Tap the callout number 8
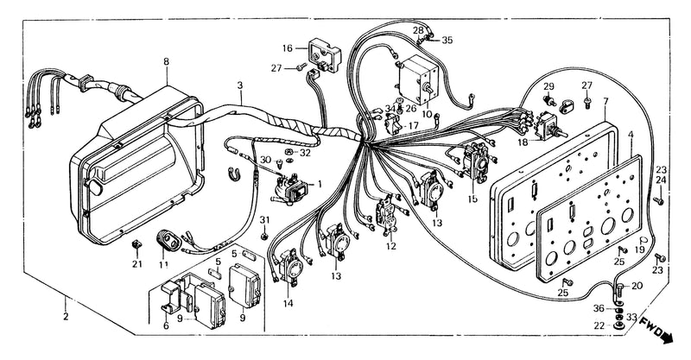pyautogui.click(x=166, y=61)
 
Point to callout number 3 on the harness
pyautogui.click(x=240, y=85)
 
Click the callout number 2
pyautogui.click(x=66, y=316)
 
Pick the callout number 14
pyautogui.click(x=288, y=304)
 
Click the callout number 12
pyautogui.click(x=391, y=247)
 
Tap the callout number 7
pyautogui.click(x=605, y=102)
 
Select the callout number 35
pyautogui.click(x=447, y=40)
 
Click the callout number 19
pyautogui.click(x=639, y=249)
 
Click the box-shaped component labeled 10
pyautogui.click(x=419, y=80)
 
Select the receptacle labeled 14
pyautogui.click(x=289, y=264)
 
